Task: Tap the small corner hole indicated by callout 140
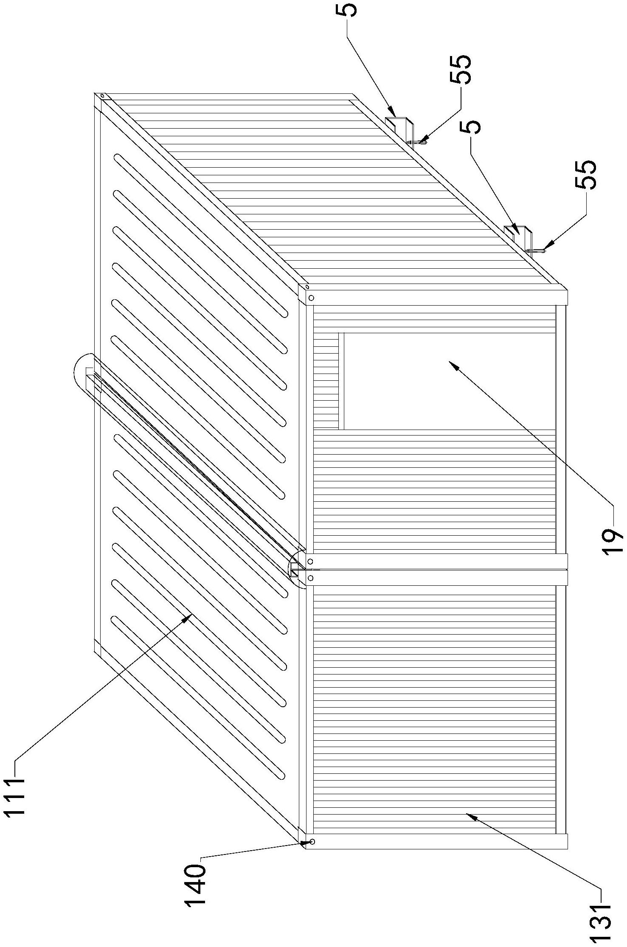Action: [312, 842]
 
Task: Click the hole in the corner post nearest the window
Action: [311, 298]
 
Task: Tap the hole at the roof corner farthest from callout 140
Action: [102, 96]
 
